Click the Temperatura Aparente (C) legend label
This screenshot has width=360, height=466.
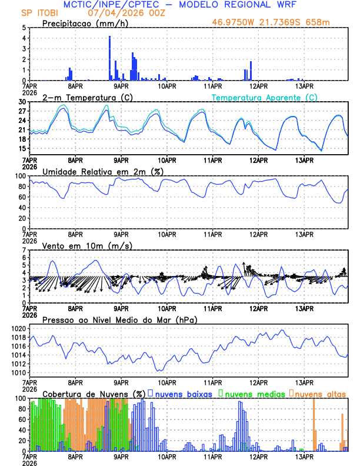coord(265,97)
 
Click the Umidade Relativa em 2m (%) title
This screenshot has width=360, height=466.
coord(101,171)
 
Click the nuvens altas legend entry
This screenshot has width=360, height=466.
coord(320,393)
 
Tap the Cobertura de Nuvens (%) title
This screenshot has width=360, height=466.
coord(94,393)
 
